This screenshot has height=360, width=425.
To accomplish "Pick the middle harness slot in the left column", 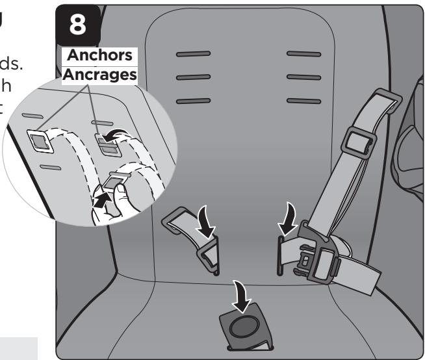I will point(192,77).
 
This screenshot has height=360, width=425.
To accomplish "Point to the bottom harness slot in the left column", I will point(192,101).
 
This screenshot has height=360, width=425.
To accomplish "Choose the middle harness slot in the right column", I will point(304,77).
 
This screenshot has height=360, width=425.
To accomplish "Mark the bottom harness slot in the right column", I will point(304,101).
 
